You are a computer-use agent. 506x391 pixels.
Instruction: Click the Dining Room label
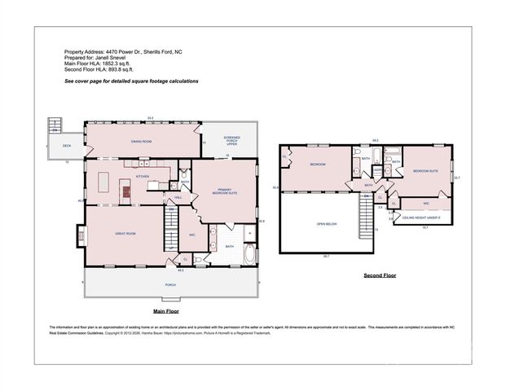(143, 140)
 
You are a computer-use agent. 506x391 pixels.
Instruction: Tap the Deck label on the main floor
(67, 147)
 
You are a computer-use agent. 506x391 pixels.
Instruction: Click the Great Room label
(125, 233)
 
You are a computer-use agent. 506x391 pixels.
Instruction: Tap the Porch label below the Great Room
(170, 284)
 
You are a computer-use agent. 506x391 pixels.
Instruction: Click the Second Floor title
(379, 277)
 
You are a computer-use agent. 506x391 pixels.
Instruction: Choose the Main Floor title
(166, 311)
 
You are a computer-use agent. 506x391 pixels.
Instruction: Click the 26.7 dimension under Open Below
(326, 257)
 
